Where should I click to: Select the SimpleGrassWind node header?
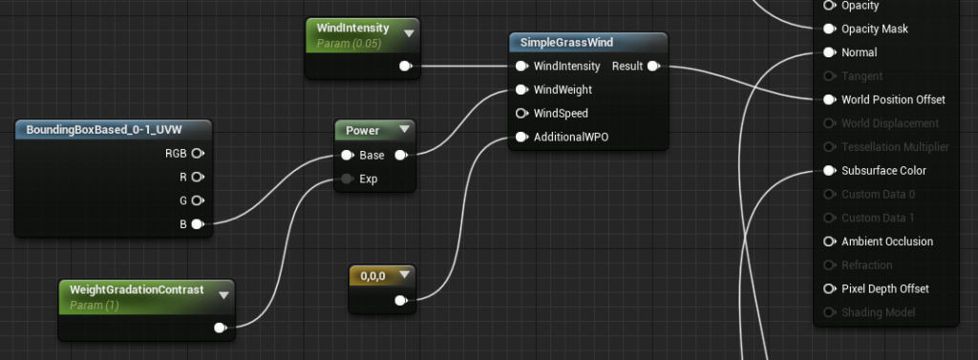(x=566, y=42)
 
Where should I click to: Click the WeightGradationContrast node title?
(x=138, y=289)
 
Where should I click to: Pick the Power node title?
(x=362, y=130)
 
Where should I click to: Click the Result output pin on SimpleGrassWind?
(x=653, y=66)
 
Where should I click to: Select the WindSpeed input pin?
(x=521, y=114)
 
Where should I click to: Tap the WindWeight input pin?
(x=521, y=90)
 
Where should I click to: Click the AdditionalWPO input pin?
(x=521, y=137)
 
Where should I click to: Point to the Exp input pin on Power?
(x=346, y=179)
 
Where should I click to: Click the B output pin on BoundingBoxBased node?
(x=197, y=224)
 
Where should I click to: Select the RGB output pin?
(x=197, y=153)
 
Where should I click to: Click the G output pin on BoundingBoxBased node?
(x=197, y=201)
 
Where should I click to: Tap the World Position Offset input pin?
(x=828, y=99)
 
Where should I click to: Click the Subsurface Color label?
(x=884, y=171)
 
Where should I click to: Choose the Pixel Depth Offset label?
(x=884, y=288)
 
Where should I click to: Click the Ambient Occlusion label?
(x=887, y=242)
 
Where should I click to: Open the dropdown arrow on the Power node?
(x=404, y=130)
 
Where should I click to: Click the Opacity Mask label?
(x=874, y=29)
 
